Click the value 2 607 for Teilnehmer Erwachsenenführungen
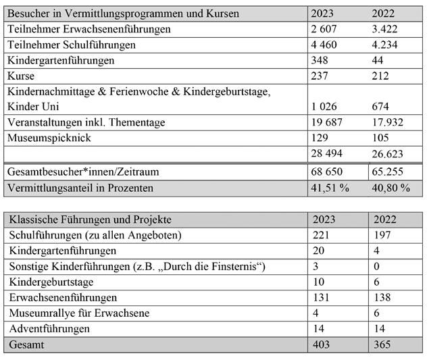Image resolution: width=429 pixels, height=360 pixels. tap(326, 29)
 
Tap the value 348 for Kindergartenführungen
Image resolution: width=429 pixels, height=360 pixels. tap(320, 60)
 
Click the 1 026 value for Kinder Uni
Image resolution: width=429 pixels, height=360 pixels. tap(326, 106)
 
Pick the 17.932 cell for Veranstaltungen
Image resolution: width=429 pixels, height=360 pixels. tap(390, 122)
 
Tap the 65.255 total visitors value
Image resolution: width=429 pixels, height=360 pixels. tap(390, 172)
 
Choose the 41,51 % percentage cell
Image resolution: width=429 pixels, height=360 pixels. tap(330, 188)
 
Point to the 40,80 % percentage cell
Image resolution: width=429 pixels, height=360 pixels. tap(391, 188)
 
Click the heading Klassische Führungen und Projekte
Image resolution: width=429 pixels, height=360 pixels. tap(90, 220)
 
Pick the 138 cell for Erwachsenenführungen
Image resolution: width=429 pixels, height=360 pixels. tap(382, 297)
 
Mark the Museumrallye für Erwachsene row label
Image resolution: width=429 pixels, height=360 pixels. tap(78, 313)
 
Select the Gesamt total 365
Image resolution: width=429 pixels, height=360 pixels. tap(382, 344)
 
